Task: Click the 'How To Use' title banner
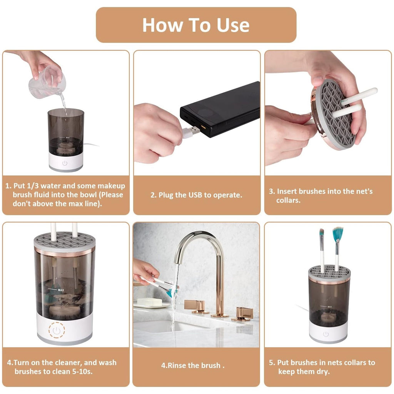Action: coord(196,25)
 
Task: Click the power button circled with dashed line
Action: coord(57,330)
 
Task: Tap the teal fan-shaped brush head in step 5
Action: coord(337,234)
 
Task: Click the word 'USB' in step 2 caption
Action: coord(195,195)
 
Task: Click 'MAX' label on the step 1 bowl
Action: coord(67,137)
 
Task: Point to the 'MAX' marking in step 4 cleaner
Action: coord(61,289)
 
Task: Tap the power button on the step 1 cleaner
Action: coord(65,163)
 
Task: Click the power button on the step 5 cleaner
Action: coord(326,334)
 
